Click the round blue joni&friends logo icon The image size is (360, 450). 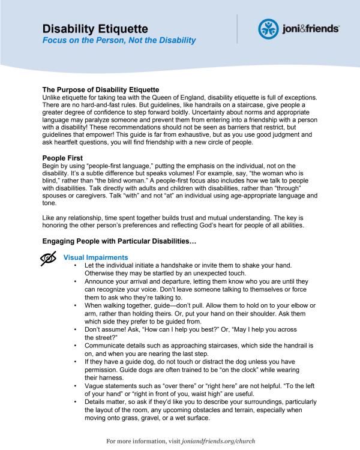tap(268, 29)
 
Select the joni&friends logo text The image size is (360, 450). tap(310, 28)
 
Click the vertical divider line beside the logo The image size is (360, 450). tap(237, 29)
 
